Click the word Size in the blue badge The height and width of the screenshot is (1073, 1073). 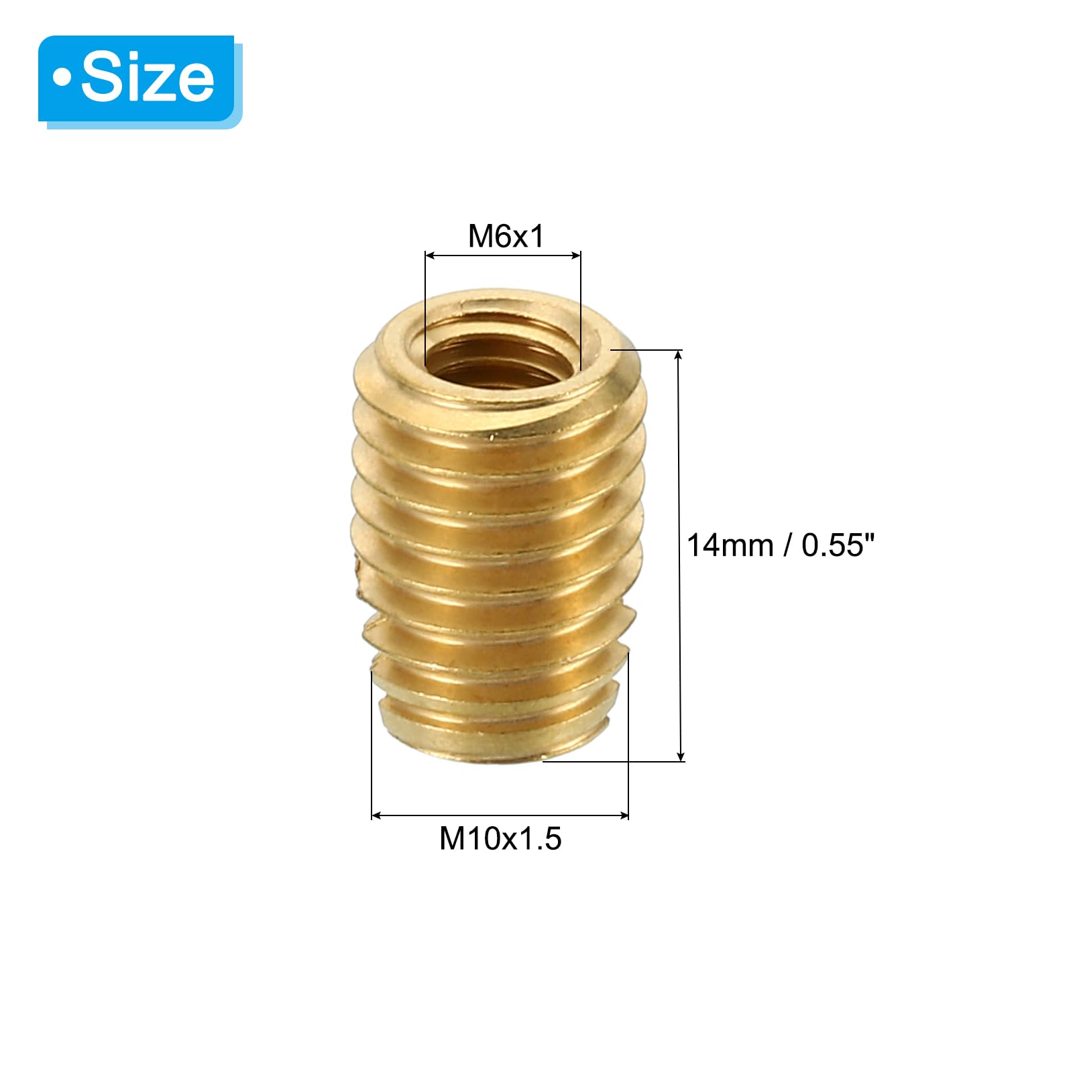[148, 78]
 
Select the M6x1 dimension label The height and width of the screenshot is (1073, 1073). [506, 236]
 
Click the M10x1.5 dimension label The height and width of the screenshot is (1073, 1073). [500, 838]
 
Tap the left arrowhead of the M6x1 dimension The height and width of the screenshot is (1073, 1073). [431, 255]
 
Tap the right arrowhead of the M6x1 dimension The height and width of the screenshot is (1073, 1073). [575, 255]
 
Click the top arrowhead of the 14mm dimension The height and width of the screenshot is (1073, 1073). [680, 356]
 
